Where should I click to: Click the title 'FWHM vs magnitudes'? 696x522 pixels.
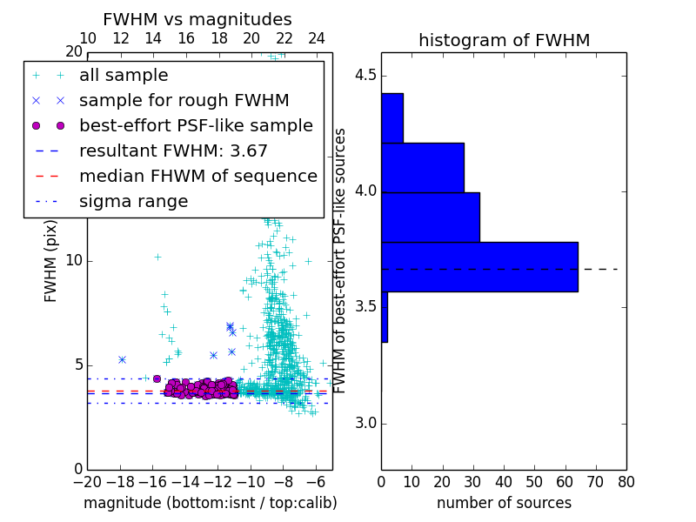click(x=197, y=19)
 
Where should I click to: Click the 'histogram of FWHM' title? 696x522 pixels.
click(x=504, y=40)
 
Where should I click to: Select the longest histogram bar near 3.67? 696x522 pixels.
click(x=479, y=266)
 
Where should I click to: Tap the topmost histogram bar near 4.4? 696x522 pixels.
click(x=391, y=117)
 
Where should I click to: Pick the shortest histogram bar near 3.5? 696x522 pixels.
click(x=385, y=317)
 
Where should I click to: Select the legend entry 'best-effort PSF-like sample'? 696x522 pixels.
click(x=196, y=125)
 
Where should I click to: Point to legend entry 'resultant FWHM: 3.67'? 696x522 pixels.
click(x=173, y=151)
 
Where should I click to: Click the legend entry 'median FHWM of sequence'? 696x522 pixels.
click(x=197, y=176)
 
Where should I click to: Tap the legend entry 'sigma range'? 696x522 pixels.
click(x=133, y=201)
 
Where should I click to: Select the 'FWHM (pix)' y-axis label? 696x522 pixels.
click(x=51, y=262)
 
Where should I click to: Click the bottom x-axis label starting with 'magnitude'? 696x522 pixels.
click(x=210, y=503)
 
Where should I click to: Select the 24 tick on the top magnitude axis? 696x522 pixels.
click(x=317, y=38)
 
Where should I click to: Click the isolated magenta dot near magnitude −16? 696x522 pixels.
click(x=157, y=378)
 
